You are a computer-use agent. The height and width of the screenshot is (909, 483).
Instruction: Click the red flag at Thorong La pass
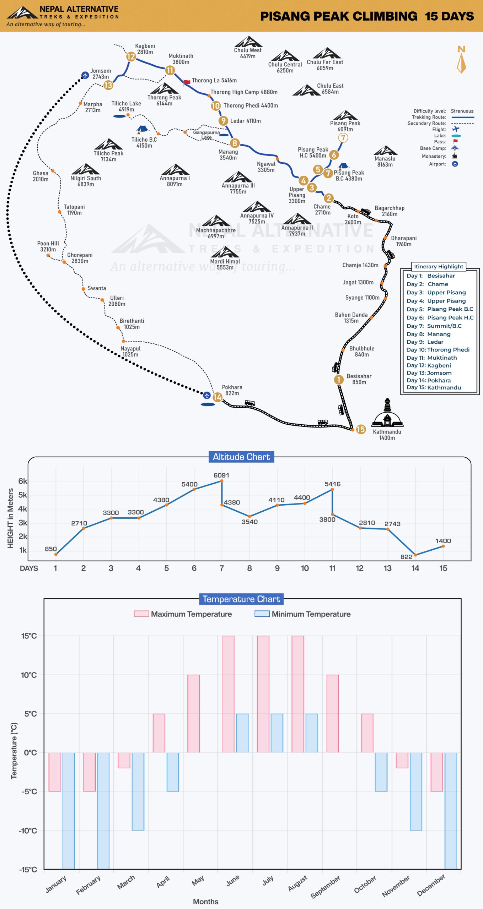187,82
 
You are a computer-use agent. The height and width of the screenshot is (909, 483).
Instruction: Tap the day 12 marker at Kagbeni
131,56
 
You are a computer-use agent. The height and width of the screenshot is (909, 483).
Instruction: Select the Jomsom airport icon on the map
85,75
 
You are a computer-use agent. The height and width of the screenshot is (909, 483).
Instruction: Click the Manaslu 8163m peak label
385,162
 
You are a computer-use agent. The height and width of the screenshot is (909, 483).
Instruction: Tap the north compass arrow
461,63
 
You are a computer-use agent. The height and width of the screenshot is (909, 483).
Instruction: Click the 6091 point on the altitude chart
222,481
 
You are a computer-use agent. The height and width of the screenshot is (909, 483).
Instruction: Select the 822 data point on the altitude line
415,555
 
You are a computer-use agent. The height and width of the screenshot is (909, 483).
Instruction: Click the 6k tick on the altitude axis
23,481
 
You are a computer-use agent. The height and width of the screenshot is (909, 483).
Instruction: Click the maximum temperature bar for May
193,713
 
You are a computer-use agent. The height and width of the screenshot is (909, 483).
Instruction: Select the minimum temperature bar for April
173,772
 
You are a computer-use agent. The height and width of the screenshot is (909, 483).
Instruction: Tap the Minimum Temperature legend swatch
262,614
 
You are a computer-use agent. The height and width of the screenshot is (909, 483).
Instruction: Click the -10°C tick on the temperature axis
28,830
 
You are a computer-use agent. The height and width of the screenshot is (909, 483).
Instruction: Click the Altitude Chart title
241,457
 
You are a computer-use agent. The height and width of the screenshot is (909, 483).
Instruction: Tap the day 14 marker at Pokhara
218,397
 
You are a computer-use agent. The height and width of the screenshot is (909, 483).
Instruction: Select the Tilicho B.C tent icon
143,129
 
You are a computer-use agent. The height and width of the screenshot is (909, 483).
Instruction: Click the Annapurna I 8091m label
175,181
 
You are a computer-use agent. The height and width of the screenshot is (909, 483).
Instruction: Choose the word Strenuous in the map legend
462,111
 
